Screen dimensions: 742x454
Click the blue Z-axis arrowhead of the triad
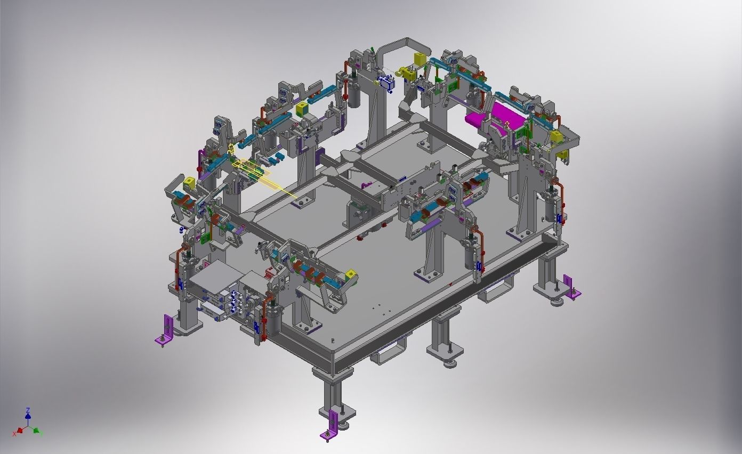28,416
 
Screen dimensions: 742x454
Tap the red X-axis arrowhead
20,430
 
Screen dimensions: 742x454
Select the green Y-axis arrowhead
36,431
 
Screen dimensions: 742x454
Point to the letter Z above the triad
28,410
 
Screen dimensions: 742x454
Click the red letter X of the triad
14,434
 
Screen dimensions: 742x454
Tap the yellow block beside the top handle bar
420,59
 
